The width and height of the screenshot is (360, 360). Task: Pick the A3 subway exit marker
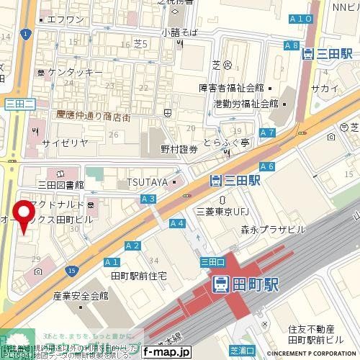tap(149, 198)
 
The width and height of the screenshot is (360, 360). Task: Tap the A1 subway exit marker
tap(111, 262)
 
